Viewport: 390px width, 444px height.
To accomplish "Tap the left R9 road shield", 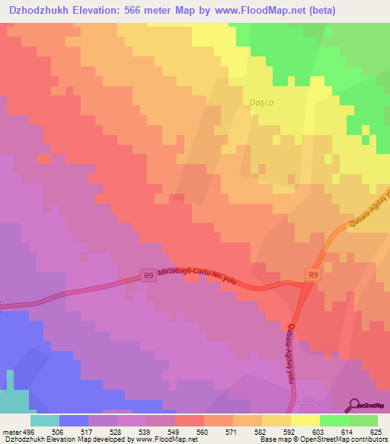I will (x=149, y=275).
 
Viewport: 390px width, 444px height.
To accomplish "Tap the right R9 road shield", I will (x=312, y=274).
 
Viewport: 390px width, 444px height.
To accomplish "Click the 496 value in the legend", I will (x=30, y=433).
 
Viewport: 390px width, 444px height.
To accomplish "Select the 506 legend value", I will (x=59, y=433).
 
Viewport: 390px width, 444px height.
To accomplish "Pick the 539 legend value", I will (x=117, y=433).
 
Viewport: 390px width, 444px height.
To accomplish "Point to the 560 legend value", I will (x=175, y=433).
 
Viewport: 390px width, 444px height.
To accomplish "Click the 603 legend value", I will (x=291, y=433).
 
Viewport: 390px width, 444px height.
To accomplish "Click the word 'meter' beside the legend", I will (x=11, y=433).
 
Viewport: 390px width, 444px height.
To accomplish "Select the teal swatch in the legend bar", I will (x=45, y=420).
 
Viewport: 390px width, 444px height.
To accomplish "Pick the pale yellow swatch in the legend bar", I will (x=305, y=420).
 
